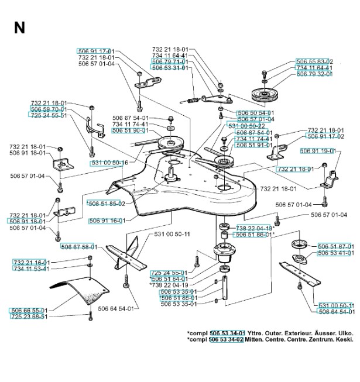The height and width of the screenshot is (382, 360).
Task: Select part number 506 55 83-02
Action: (x=315, y=61)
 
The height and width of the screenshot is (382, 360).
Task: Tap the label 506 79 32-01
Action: (x=315, y=74)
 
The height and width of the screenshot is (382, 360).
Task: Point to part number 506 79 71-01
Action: (x=169, y=61)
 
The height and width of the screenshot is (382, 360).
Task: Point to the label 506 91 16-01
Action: (x=108, y=222)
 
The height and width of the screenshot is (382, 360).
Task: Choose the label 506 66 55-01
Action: (x=29, y=310)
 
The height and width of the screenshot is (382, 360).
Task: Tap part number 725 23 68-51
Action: (x=29, y=316)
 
